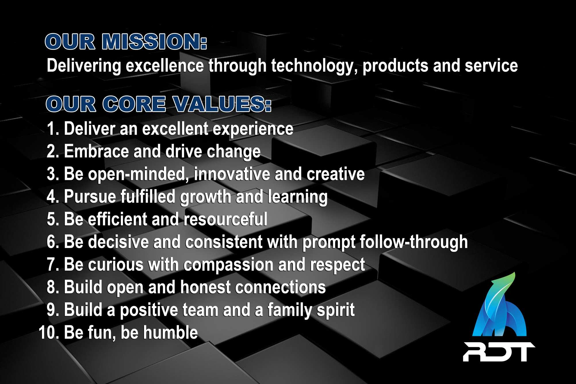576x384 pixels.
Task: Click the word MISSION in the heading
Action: [154, 42]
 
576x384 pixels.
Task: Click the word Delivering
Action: [84, 66]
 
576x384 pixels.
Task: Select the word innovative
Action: [232, 174]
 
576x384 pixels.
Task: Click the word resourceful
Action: [225, 219]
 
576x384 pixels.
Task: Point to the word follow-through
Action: [414, 242]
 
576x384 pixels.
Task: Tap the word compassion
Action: [228, 265]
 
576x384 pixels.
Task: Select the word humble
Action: [170, 333]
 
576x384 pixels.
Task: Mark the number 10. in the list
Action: [49, 333]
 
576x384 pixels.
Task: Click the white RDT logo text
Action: [499, 352]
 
